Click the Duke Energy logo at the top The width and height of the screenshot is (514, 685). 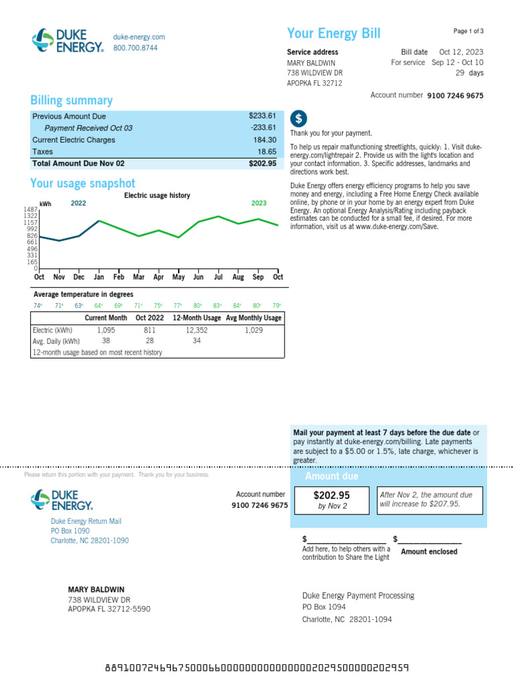[68, 41]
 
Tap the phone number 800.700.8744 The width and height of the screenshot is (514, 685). [135, 48]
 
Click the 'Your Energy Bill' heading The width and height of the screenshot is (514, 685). [333, 34]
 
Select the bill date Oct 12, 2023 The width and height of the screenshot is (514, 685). [461, 52]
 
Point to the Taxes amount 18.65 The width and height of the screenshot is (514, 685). [266, 152]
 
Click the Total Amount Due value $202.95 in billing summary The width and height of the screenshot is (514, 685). [262, 163]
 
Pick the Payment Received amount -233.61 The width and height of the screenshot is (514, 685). [263, 128]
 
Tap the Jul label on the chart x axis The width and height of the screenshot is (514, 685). [218, 277]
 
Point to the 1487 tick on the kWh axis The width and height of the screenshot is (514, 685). [31, 209]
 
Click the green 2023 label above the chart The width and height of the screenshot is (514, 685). [259, 203]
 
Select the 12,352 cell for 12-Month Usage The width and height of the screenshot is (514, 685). [197, 330]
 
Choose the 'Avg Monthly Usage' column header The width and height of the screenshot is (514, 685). [254, 318]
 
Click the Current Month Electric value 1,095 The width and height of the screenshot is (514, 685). [106, 330]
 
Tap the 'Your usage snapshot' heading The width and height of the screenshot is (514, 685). [82, 183]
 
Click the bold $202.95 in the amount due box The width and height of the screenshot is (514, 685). [332, 496]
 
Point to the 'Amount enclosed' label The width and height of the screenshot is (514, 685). [429, 552]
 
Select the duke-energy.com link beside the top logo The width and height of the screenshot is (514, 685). [139, 37]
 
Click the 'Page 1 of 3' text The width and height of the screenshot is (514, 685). [468, 31]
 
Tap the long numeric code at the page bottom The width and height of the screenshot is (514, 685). [257, 668]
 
